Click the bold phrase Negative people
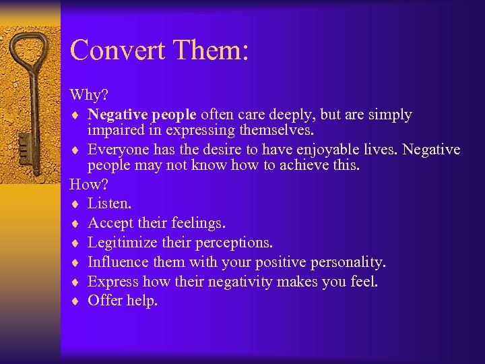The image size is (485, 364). [x=142, y=114]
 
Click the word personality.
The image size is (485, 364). [x=347, y=262]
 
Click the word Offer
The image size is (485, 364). [x=105, y=301]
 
